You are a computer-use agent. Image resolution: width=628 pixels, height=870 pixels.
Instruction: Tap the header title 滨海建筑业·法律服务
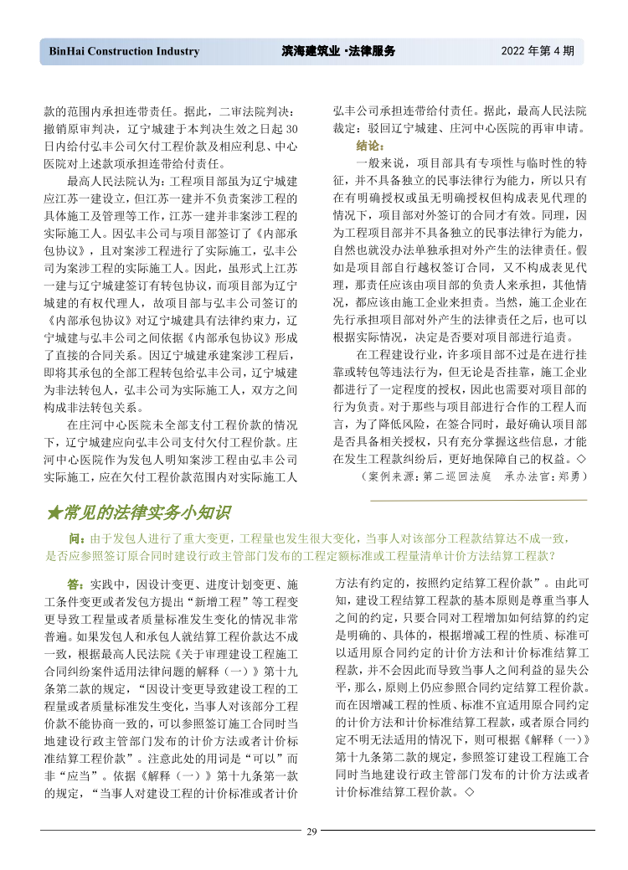tap(338, 51)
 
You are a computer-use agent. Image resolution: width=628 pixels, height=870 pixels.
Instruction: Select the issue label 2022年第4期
tap(538, 51)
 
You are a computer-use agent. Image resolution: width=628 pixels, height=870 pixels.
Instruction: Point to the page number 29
tap(312, 831)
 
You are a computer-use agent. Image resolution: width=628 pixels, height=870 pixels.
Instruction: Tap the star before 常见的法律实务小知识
tap(53, 512)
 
